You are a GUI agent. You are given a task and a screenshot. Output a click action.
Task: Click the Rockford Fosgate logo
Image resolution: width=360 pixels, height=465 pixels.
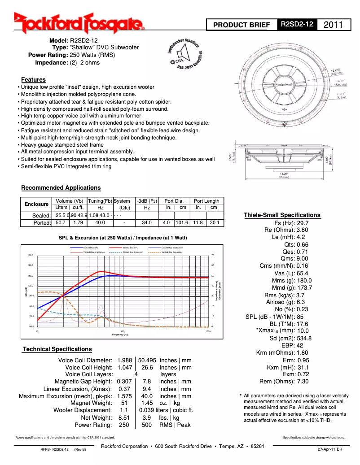79,23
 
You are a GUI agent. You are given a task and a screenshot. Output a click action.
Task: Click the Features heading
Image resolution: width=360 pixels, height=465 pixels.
33,79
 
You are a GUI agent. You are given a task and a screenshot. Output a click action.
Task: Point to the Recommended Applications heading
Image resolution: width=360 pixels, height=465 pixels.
61,187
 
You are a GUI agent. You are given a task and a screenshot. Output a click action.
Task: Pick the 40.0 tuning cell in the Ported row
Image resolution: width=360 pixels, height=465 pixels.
100,222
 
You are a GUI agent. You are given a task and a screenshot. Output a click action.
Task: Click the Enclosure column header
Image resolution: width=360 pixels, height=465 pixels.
36,204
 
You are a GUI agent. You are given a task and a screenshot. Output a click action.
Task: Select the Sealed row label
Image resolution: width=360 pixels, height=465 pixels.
42,215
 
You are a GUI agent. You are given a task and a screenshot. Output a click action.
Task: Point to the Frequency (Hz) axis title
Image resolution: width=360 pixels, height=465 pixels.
120,335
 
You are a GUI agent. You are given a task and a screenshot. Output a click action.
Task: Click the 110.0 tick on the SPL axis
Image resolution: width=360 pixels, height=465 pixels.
31,276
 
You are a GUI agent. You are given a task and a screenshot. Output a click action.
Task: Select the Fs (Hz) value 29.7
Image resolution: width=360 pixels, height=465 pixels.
303,223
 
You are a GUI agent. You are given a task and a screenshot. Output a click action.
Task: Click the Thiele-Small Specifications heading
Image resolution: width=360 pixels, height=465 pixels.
282,215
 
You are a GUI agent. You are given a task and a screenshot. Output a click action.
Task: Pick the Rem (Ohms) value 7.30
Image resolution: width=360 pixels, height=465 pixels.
303,381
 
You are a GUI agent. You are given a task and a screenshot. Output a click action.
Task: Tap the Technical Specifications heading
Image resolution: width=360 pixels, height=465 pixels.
57,349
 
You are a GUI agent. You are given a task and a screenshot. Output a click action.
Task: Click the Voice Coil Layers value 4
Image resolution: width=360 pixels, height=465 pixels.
136,374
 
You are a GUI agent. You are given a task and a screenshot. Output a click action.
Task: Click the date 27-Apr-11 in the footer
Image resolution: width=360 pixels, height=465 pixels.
329,449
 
